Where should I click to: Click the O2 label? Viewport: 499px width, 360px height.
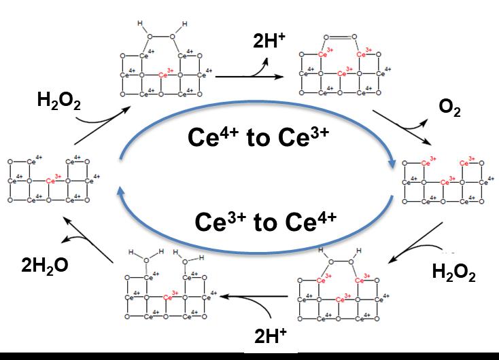click(451, 109)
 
